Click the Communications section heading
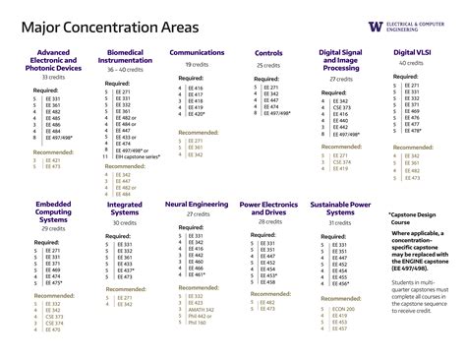198,52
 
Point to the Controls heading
268,53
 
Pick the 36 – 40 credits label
125,71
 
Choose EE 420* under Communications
195,114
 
